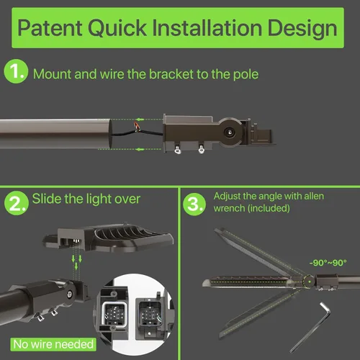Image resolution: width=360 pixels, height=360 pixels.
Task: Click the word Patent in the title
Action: click(x=50, y=28)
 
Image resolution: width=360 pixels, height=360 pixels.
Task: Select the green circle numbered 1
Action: click(x=16, y=71)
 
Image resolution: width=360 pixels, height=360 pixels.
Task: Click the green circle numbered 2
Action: click(x=17, y=203)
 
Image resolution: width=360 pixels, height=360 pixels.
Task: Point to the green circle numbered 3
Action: click(x=194, y=204)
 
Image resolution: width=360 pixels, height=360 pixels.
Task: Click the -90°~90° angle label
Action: click(x=328, y=263)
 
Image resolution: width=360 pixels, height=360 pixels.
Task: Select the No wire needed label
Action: click(x=53, y=344)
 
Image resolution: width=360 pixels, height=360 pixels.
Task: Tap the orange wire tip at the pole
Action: click(x=137, y=127)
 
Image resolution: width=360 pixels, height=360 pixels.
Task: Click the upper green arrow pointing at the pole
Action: click(x=140, y=120)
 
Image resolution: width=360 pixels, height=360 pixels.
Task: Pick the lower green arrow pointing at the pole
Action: click(x=140, y=149)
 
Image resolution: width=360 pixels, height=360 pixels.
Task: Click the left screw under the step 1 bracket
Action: click(x=178, y=150)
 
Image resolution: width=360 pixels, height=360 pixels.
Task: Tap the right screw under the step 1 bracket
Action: click(x=201, y=150)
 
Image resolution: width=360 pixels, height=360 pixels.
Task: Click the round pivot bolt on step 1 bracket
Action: click(x=229, y=132)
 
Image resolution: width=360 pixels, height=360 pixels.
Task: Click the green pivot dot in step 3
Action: click(x=310, y=282)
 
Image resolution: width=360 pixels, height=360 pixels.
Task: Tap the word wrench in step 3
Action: click(x=230, y=208)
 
